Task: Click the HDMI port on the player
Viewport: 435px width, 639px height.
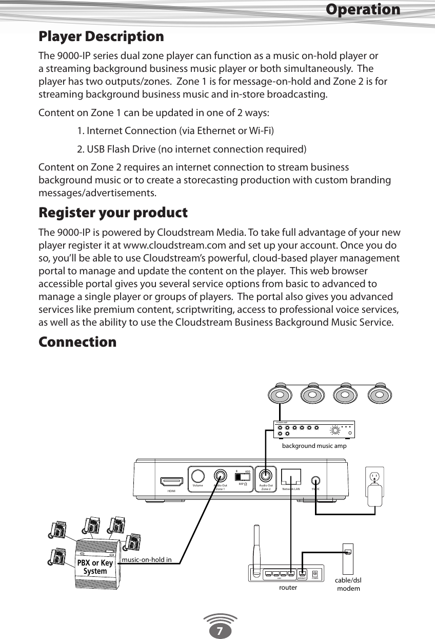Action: pyautogui.click(x=172, y=482)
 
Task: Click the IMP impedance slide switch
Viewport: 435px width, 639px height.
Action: pyautogui.click(x=243, y=476)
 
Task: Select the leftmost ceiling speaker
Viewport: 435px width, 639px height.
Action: pyautogui.click(x=280, y=395)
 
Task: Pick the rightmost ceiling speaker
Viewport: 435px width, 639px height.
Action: pyautogui.click(x=380, y=395)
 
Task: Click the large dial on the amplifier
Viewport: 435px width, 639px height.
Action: pyautogui.click(x=335, y=430)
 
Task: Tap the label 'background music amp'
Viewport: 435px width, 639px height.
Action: pyautogui.click(x=314, y=446)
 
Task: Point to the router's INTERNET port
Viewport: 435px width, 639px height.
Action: pyautogui.click(x=302, y=573)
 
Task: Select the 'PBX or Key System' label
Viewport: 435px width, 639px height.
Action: pyautogui.click(x=95, y=567)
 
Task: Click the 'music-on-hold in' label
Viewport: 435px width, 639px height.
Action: pyautogui.click(x=147, y=559)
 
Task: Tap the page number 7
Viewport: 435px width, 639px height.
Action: pyautogui.click(x=219, y=630)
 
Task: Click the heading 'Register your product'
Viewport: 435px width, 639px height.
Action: pyautogui.click(x=113, y=213)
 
